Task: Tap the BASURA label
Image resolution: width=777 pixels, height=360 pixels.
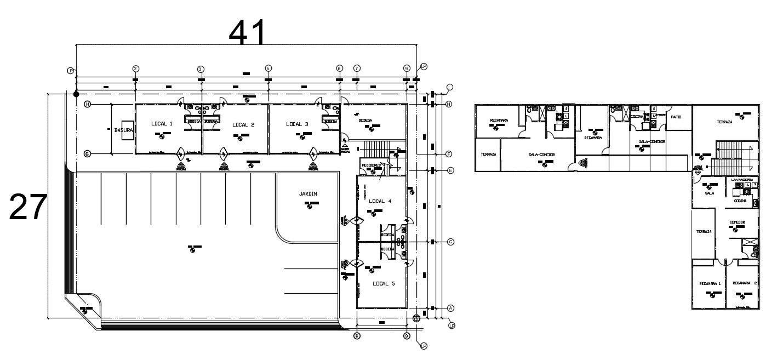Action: (x=123, y=131)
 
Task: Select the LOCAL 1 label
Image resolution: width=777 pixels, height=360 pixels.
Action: (x=162, y=124)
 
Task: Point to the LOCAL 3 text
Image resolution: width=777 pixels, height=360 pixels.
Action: (x=297, y=124)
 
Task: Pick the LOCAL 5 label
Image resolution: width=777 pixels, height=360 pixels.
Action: (x=384, y=283)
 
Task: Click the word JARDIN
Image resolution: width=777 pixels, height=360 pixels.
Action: (x=308, y=193)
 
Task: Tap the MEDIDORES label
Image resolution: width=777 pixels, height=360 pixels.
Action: (x=371, y=165)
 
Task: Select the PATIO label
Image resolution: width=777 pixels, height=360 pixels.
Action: (x=676, y=116)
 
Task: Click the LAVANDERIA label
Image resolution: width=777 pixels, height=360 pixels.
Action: (x=742, y=180)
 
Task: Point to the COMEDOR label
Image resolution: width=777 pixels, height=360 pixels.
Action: (x=736, y=221)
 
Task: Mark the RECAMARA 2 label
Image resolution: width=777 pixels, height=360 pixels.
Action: (x=744, y=283)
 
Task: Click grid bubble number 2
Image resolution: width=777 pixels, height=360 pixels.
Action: (x=135, y=68)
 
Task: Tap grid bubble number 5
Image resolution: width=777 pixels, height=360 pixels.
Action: (x=268, y=68)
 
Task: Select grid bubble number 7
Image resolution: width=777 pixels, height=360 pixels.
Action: (x=357, y=68)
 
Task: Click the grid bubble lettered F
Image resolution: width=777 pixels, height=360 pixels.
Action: (x=449, y=154)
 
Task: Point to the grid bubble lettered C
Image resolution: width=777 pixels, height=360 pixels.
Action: (x=450, y=242)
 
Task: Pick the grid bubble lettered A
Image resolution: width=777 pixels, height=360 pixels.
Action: (x=450, y=308)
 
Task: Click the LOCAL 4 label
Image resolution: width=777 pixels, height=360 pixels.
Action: (x=380, y=201)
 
